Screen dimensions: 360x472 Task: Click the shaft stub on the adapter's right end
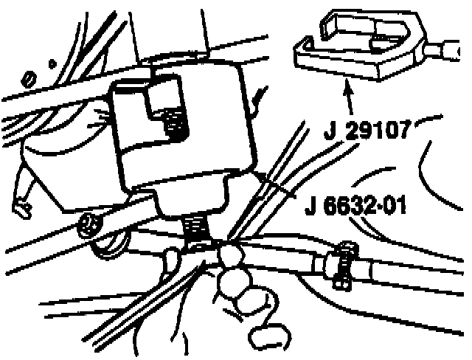pyautogui.click(x=448, y=51)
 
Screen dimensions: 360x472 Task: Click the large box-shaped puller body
pyautogui.click(x=181, y=133)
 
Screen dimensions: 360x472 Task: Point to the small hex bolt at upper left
pyautogui.click(x=29, y=77)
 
